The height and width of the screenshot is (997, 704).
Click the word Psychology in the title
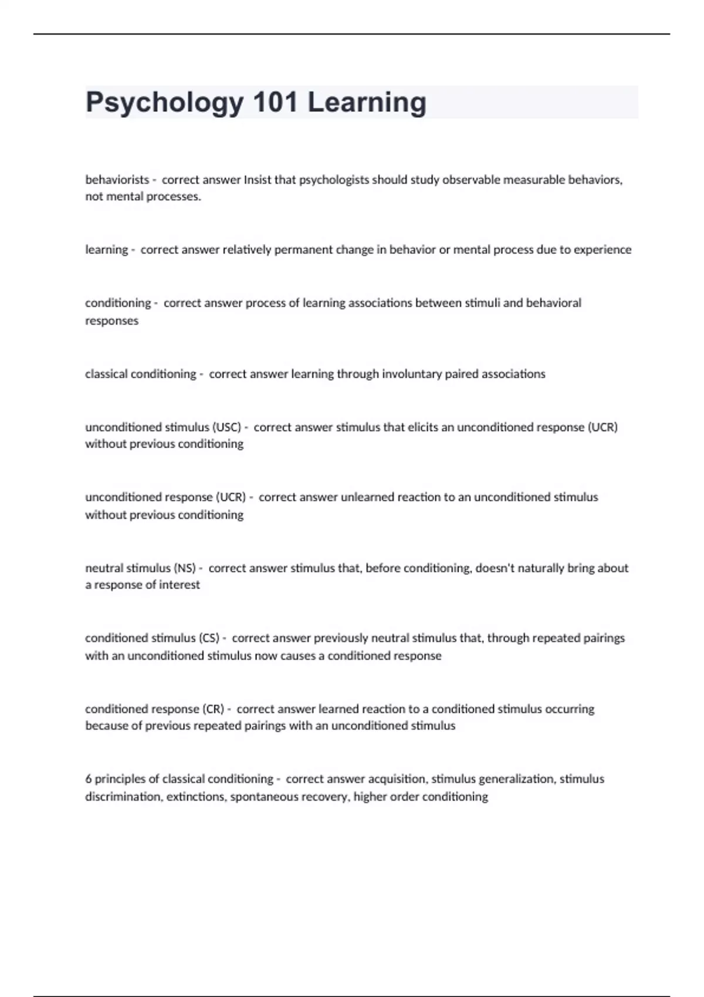(x=164, y=103)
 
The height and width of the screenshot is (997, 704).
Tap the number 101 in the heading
(x=275, y=102)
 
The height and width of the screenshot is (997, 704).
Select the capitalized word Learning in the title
(x=367, y=103)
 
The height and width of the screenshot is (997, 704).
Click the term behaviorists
(x=117, y=180)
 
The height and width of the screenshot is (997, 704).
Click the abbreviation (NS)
(x=185, y=568)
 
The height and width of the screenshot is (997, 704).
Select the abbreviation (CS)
(x=209, y=638)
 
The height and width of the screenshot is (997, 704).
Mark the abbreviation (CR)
(x=213, y=709)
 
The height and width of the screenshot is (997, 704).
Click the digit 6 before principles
(x=89, y=779)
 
